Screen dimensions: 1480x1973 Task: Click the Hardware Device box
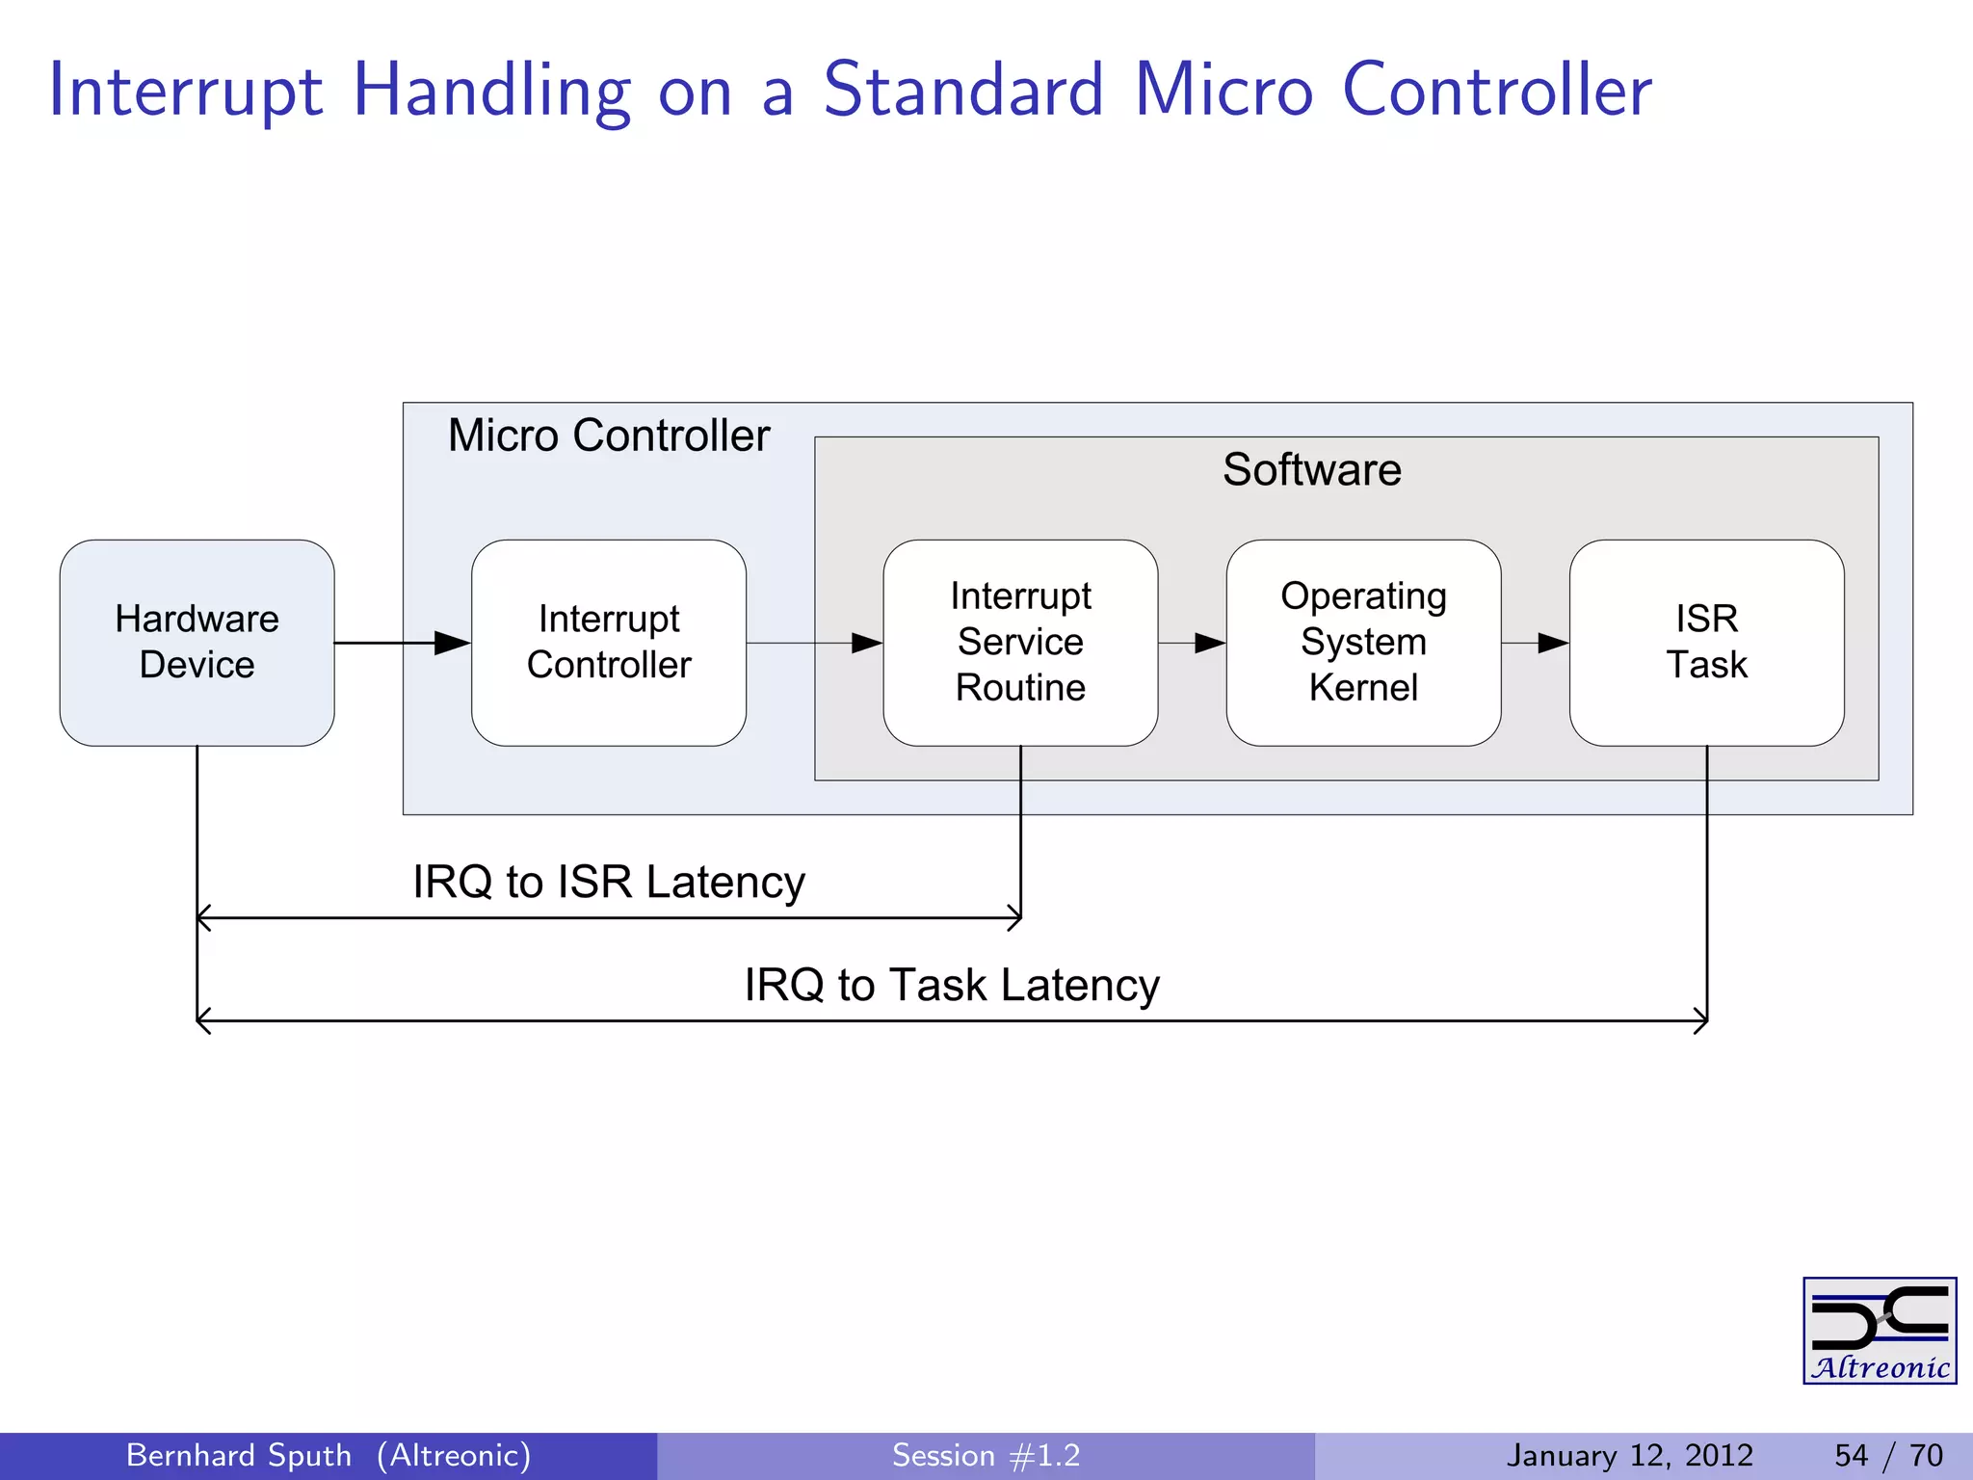[197, 642]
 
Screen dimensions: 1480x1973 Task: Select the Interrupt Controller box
[609, 642]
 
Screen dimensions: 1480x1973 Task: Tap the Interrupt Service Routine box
[1020, 642]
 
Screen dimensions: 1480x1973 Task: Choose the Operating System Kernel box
[1363, 642]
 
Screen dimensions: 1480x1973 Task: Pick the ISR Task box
[1706, 642]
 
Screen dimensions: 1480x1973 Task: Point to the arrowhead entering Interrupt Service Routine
[866, 643]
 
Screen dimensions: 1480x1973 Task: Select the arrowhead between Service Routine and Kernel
[1209, 643]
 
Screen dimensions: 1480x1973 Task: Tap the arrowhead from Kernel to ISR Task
[1552, 643]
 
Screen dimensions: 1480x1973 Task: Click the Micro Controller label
[609, 436]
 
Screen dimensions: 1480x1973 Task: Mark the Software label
[1311, 470]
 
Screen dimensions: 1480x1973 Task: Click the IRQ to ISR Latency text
[609, 882]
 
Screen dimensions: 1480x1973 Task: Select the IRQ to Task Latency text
[952, 985]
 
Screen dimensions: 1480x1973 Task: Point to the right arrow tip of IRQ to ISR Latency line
[1016, 918]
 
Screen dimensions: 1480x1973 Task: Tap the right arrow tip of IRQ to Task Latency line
[1702, 1021]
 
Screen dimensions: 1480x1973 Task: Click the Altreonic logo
[1879, 1331]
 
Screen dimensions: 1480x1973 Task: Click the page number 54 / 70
[1888, 1455]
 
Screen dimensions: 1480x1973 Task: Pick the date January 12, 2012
[1629, 1455]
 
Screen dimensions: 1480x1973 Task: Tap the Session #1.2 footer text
[986, 1455]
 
